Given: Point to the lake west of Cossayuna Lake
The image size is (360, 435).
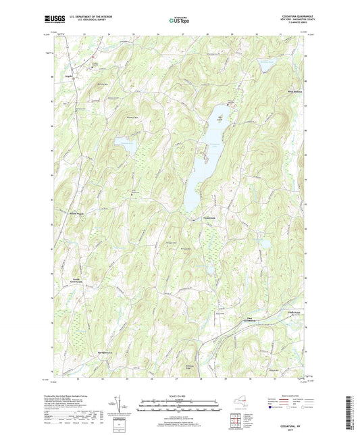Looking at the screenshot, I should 125,143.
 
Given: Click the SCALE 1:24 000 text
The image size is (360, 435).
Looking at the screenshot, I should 179,396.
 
